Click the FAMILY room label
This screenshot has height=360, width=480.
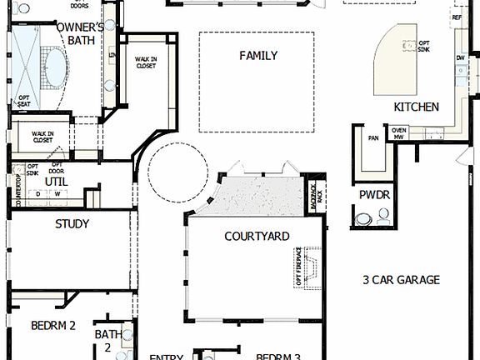pos(257,56)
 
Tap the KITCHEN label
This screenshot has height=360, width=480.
pos(416,107)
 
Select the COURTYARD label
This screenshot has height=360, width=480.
pos(257,237)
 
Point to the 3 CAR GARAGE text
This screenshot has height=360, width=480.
pos(401,280)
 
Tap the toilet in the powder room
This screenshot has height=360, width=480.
pos(363,220)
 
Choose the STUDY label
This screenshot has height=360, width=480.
pos(72,224)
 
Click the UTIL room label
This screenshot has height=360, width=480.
pos(56,181)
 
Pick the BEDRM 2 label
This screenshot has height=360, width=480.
pos(54,326)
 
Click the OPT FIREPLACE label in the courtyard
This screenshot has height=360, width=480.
pos(298,267)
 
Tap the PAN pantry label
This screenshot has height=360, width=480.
pos(373,138)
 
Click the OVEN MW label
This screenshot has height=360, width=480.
pos(399,132)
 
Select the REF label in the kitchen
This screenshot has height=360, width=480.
pos(456,17)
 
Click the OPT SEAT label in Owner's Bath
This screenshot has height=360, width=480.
pos(24,100)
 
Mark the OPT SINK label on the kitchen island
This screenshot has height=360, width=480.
pos(424,46)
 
